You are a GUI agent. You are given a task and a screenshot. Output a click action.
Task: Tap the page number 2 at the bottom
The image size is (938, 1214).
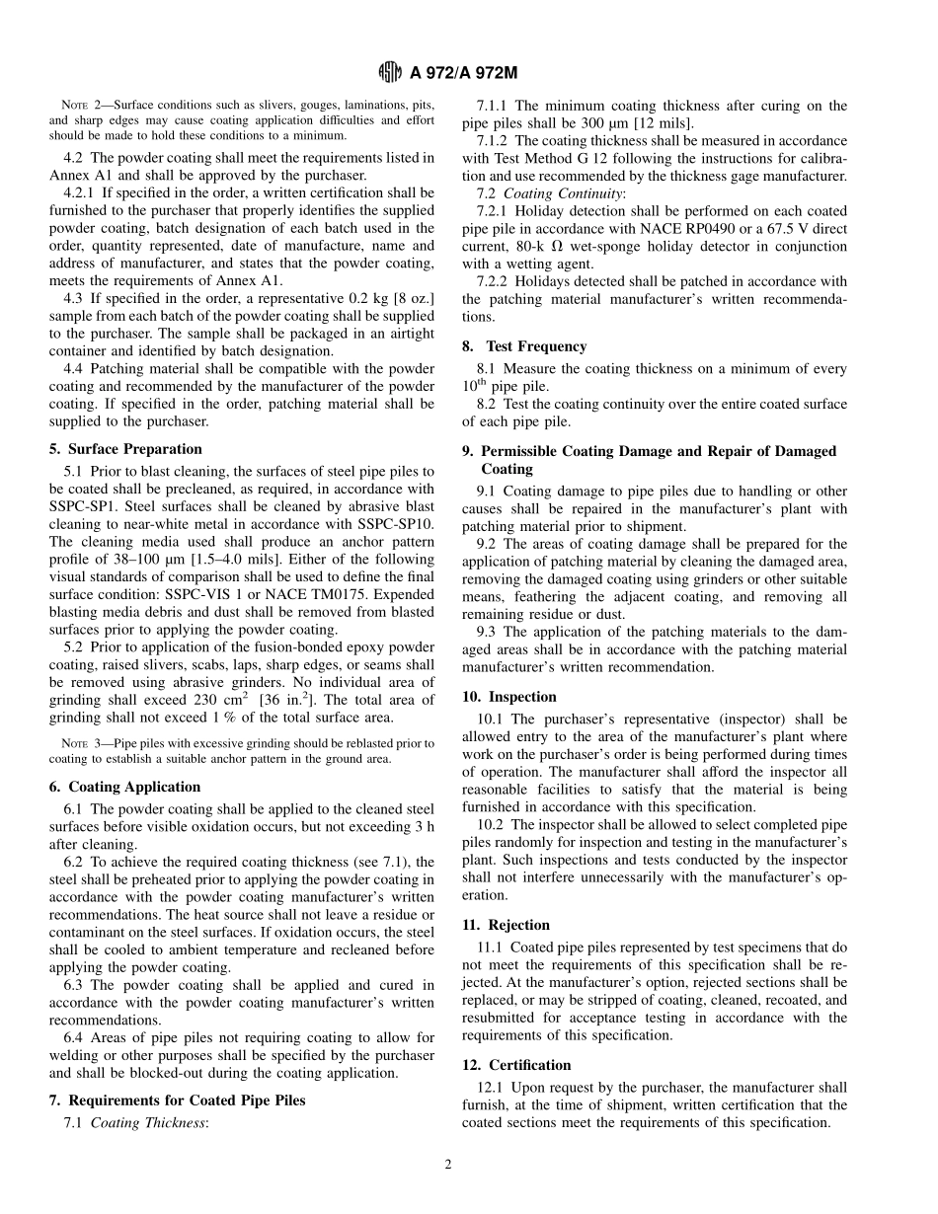pyautogui.click(x=447, y=1165)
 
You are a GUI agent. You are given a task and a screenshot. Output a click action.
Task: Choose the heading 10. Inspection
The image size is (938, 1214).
pyautogui.click(x=509, y=697)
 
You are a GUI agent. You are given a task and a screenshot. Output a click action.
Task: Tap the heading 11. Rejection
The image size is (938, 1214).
pyautogui.click(x=506, y=925)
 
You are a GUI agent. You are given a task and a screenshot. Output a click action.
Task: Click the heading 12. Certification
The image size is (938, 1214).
pyautogui.click(x=516, y=1065)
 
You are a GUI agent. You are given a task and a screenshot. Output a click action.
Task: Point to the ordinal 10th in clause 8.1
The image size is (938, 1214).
pyautogui.click(x=475, y=386)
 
